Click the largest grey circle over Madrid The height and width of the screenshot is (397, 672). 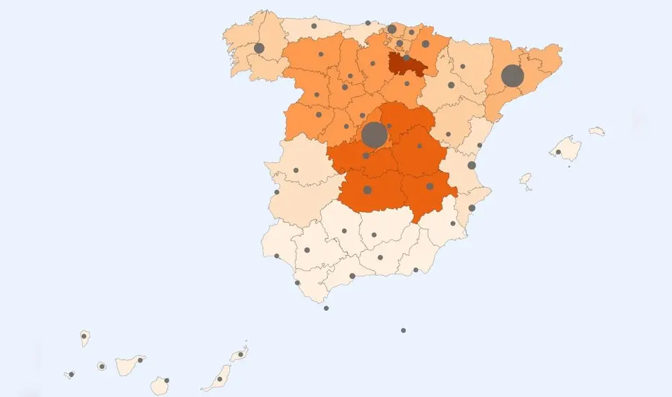(374, 135)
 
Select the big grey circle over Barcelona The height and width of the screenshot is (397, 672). (513, 76)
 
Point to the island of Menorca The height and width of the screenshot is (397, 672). (597, 131)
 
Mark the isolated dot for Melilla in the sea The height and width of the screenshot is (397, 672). (403, 330)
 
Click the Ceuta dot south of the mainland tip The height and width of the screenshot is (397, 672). (327, 308)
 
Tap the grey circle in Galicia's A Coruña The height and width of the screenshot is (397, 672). (259, 48)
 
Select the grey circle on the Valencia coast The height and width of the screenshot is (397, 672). (472, 165)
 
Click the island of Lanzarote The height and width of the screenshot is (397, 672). (240, 354)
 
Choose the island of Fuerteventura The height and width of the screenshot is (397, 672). (219, 378)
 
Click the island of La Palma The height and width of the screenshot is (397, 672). (85, 338)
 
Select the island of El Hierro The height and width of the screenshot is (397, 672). (71, 374)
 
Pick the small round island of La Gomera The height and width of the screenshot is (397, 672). (101, 366)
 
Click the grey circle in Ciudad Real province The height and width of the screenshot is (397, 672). (368, 190)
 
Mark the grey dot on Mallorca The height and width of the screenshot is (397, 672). (558, 152)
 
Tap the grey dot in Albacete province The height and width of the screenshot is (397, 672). (429, 186)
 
